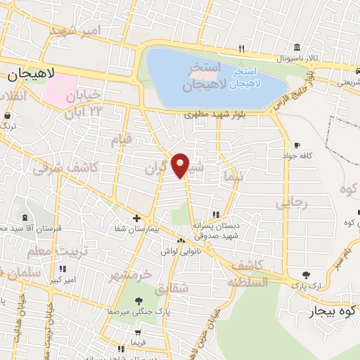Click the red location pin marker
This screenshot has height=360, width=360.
pyautogui.click(x=181, y=165)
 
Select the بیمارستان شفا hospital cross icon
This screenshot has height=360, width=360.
pyautogui.click(x=136, y=218)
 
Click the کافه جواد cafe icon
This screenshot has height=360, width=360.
pyautogui.click(x=297, y=144)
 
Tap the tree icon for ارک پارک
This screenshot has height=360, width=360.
pyautogui.click(x=306, y=275)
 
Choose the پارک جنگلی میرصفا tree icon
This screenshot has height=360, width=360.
pyautogui.click(x=139, y=298)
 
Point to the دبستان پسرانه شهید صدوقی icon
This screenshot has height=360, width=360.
pyautogui.click(x=217, y=214)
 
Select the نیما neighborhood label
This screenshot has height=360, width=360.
pyautogui.click(x=231, y=176)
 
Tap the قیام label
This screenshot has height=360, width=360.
pyautogui.click(x=121, y=140)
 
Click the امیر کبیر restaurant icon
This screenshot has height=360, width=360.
pyautogui.click(x=63, y=269)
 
